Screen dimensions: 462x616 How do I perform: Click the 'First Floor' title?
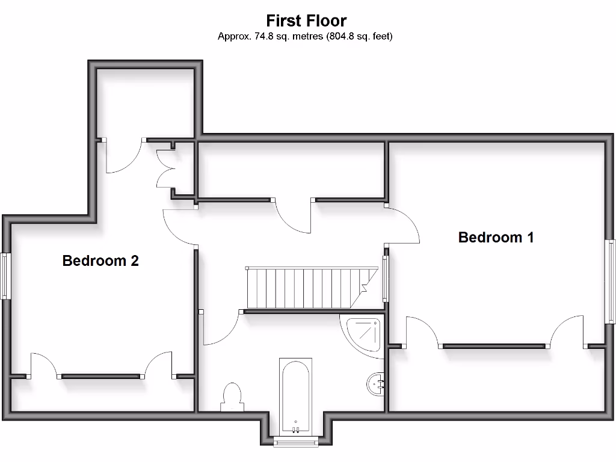[x=306, y=21]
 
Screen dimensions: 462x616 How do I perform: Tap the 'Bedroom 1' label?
[x=496, y=237]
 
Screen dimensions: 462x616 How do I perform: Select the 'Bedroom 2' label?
[x=100, y=261]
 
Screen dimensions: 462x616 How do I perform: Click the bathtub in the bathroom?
[x=295, y=395]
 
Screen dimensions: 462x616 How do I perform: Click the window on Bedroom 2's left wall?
[x=5, y=276]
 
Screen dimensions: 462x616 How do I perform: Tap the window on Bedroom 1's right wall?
[x=611, y=282]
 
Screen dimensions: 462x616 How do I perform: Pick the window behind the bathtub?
[x=295, y=444]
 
